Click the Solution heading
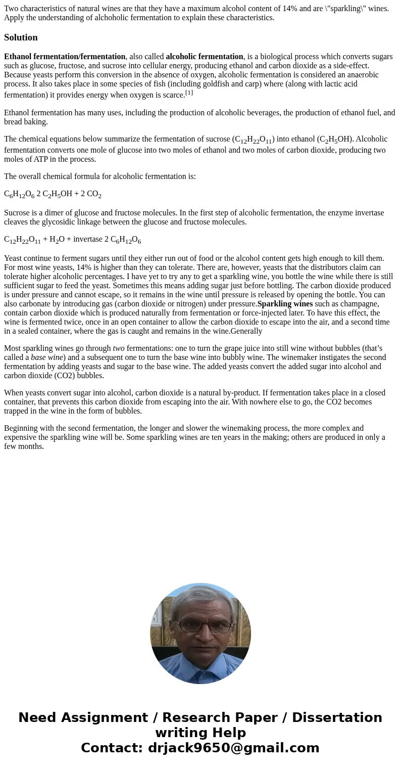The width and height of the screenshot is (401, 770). pos(21,37)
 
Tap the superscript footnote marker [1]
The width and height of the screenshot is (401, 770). pos(189,93)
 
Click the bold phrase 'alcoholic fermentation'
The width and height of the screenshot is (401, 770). pos(205,57)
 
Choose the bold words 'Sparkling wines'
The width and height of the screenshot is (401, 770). pos(285,304)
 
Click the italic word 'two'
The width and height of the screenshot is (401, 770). pos(119,348)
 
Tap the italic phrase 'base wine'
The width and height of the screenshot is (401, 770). pos(47,357)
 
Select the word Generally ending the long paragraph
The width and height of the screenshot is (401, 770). pos(246,331)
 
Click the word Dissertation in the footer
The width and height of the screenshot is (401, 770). pos(337,718)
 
